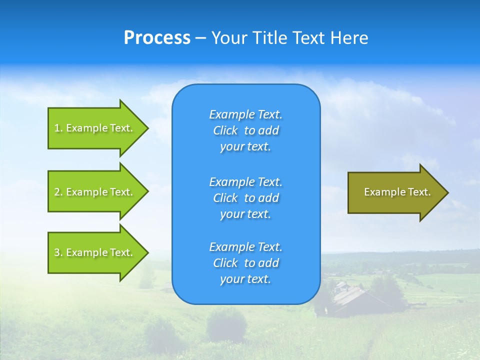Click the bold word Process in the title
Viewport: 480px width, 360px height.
(x=157, y=38)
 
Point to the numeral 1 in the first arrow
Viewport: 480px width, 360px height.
(x=57, y=128)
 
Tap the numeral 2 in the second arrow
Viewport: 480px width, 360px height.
(x=57, y=192)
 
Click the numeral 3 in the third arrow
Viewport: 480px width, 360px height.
(x=57, y=252)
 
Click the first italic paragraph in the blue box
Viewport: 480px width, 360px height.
(x=245, y=130)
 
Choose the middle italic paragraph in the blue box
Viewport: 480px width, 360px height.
(x=245, y=197)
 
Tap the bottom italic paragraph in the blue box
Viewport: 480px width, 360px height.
(x=245, y=263)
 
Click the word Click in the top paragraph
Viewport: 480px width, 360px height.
(x=225, y=130)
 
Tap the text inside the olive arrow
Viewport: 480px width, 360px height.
(x=397, y=192)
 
